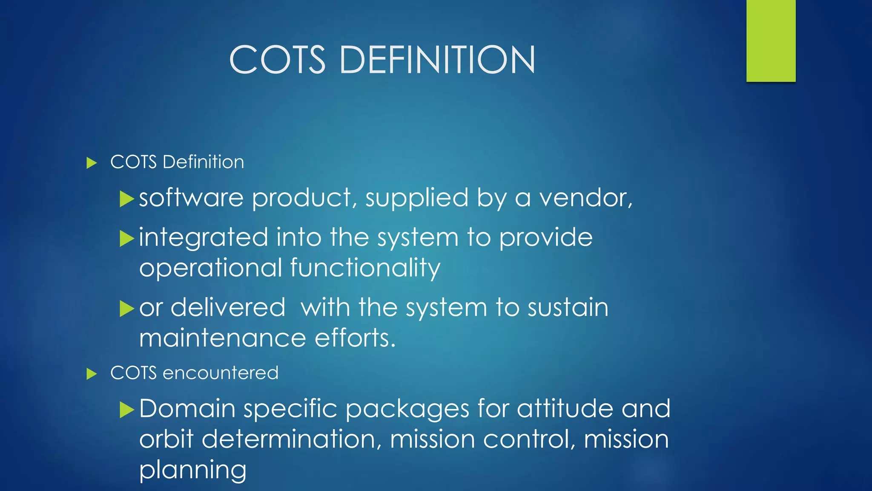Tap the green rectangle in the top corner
tap(771, 40)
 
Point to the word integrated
tap(204, 238)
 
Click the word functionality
tap(365, 268)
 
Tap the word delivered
tap(228, 307)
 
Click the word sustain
tap(568, 307)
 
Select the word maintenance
tap(223, 338)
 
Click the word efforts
tap(355, 338)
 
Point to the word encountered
tap(221, 373)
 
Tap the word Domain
tap(187, 408)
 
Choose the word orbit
tap(166, 439)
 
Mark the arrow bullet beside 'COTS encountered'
tap(92, 374)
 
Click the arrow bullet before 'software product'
tap(127, 199)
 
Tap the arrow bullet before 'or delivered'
tap(127, 308)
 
